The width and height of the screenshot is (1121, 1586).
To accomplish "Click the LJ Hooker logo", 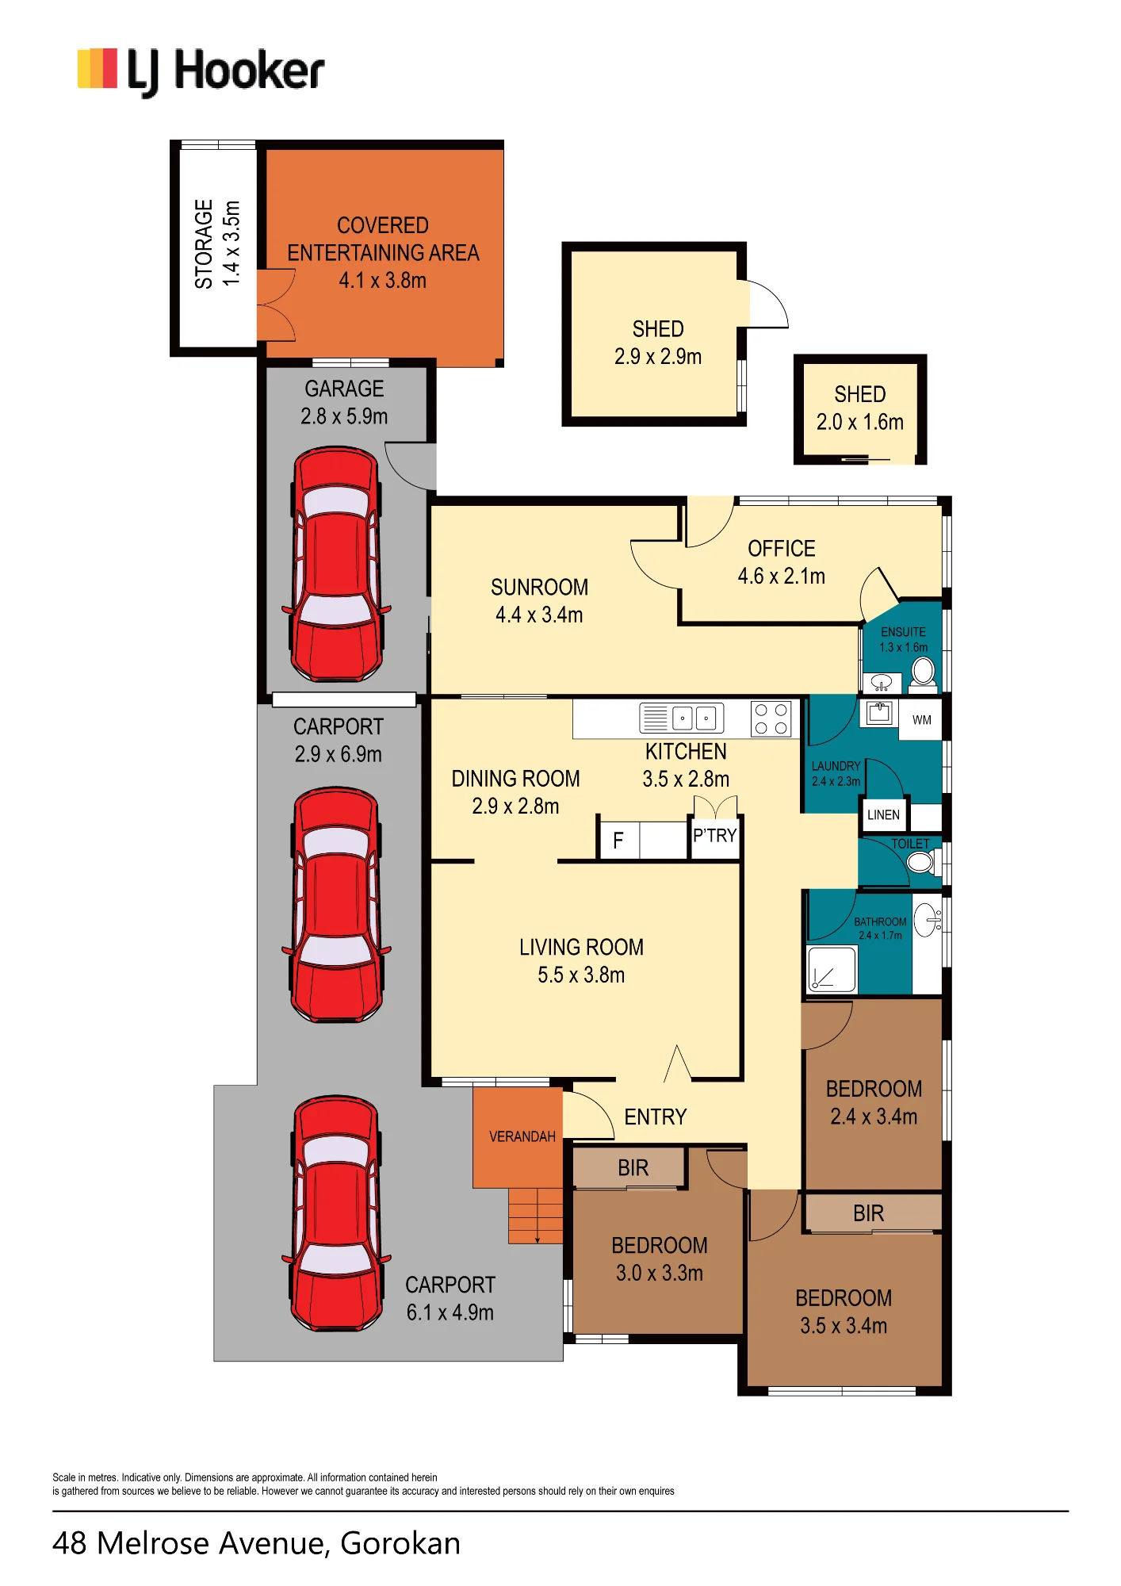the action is coord(201,71).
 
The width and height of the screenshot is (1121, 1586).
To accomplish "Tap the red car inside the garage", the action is coord(336,564).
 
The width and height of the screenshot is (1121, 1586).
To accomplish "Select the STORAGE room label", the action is coord(204,244).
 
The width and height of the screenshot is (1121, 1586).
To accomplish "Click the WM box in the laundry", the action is coord(921,719).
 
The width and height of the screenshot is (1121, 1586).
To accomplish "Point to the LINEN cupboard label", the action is coord(883,815).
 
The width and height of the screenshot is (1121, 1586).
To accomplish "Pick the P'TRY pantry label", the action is coord(715,836).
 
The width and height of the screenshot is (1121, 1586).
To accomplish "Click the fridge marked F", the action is coord(618,841).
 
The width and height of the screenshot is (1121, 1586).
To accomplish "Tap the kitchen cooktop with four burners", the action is coord(771,719).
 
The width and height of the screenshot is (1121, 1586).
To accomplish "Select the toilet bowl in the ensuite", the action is coord(923,672).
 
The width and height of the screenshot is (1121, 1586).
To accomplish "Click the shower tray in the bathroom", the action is coord(832,969).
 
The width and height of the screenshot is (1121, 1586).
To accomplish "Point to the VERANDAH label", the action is coord(522,1136).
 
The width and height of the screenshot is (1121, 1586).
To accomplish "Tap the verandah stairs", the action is coord(535,1216).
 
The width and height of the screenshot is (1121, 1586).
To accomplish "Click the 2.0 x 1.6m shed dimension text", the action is coord(859,422).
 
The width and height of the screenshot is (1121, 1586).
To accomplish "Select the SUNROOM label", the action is coord(539,588).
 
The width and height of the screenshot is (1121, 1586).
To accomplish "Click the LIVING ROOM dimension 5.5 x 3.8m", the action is coord(581,975).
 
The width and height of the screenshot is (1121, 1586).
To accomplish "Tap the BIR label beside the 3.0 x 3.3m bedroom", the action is coord(633,1167).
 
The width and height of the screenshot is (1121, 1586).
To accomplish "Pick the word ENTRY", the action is coord(655,1117).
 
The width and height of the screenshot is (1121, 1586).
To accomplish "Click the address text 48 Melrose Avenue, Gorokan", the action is coord(256,1543).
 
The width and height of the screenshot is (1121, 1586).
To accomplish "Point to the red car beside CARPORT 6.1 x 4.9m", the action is coord(336,1214).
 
